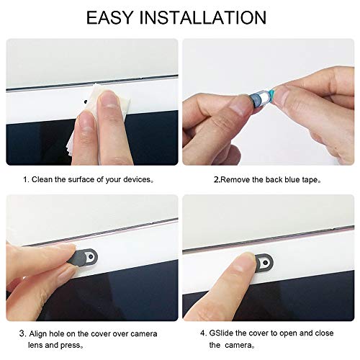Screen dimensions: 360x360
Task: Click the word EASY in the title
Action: [114, 17]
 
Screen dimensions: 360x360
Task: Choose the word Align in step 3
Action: [40, 333]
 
